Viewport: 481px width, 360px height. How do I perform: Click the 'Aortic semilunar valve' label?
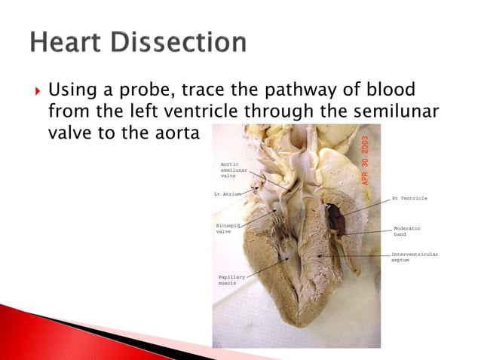click(233, 169)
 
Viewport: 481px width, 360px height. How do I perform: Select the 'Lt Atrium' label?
click(228, 194)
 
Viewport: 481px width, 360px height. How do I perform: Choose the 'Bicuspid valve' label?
click(228, 228)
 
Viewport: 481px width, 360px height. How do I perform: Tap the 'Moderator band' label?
click(406, 230)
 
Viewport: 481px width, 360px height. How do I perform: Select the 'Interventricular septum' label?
click(414, 258)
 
